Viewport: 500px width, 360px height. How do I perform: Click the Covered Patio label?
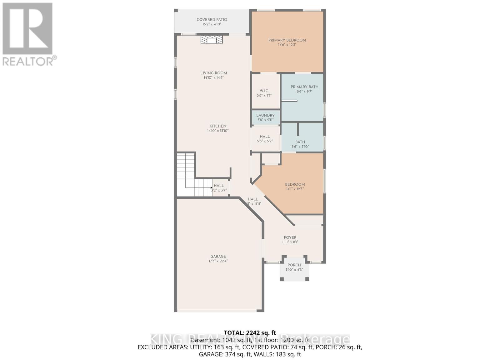(x=212, y=20)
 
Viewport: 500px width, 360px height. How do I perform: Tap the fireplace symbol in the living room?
(x=212, y=40)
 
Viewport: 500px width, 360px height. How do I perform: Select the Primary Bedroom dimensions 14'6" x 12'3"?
(x=287, y=45)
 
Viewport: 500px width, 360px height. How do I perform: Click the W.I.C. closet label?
(x=264, y=91)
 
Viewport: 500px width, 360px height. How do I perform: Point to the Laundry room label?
(x=265, y=115)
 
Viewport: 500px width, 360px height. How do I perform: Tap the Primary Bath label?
(x=304, y=87)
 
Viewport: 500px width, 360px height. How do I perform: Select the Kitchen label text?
(x=218, y=126)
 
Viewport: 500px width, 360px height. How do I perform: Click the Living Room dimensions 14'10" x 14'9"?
(x=214, y=77)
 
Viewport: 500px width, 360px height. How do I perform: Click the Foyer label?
(x=290, y=237)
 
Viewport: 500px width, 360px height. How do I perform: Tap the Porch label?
(x=294, y=265)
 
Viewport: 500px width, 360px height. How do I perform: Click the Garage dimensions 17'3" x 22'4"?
(x=218, y=261)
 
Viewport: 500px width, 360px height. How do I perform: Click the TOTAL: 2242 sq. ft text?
(x=250, y=332)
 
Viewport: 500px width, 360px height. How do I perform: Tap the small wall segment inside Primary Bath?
(x=289, y=101)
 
